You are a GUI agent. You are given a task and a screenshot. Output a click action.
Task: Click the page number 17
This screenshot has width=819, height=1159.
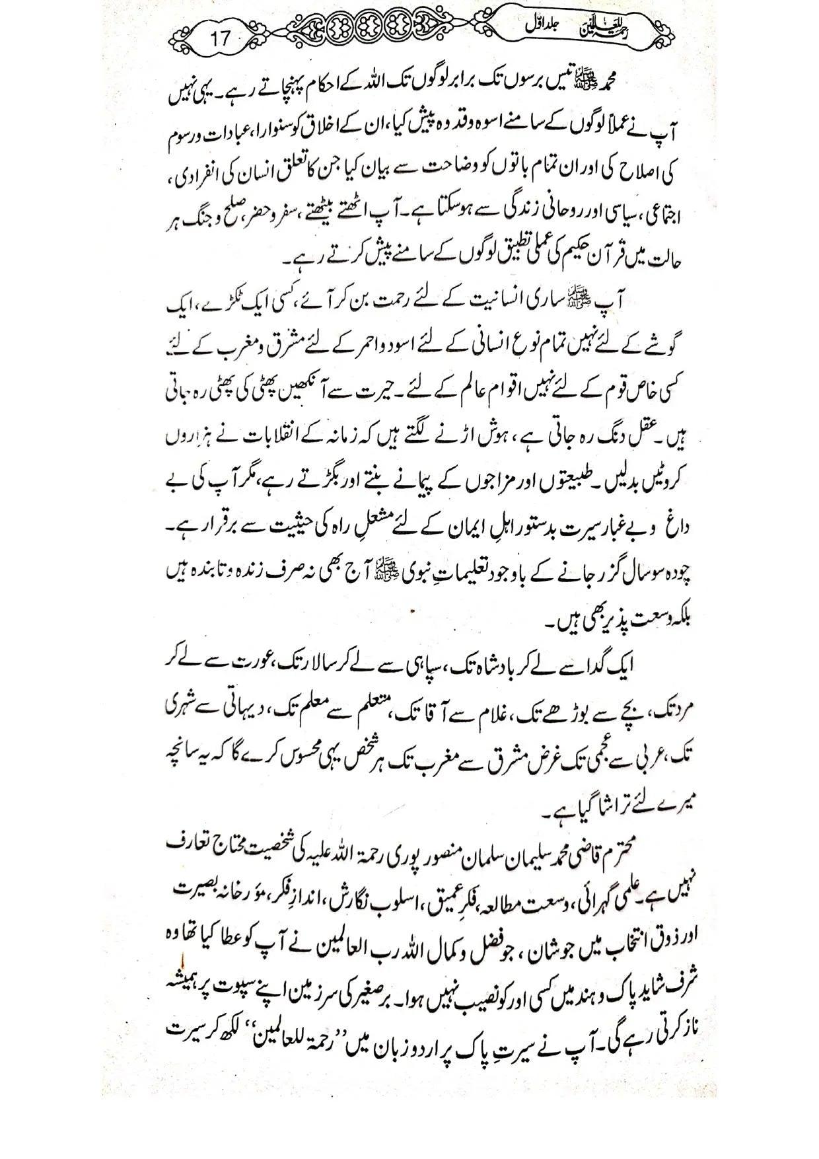[221, 38]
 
